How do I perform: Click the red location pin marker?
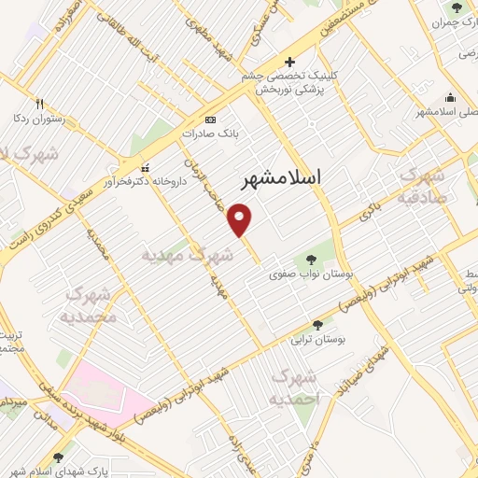(241, 219)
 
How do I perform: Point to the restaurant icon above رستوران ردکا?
(39, 104)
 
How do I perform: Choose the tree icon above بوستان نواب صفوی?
(308, 255)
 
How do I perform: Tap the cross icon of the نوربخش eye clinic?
(289, 60)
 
